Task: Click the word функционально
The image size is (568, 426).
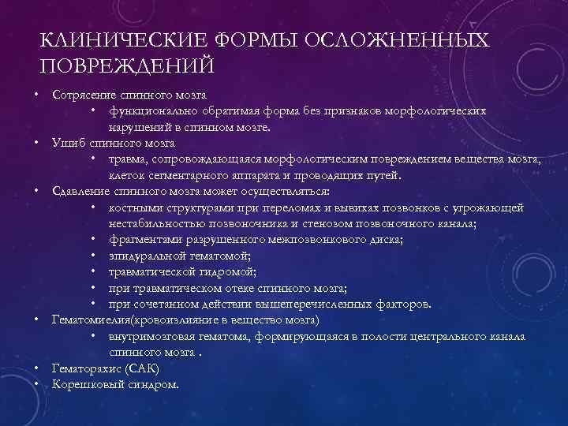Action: pos(152,111)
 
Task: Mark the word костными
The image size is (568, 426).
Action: pos(135,207)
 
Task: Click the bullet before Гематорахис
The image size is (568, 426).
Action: pos(38,368)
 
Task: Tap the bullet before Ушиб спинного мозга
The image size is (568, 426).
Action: pos(38,144)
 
